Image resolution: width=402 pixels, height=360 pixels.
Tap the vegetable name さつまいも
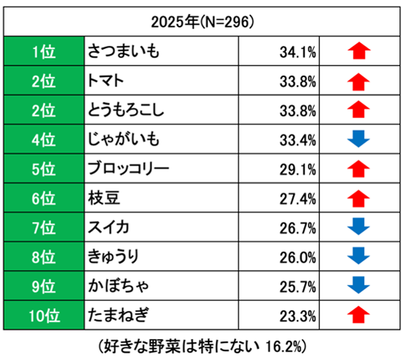click(124, 51)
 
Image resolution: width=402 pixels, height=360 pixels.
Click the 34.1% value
click(298, 52)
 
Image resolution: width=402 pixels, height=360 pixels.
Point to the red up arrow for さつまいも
click(359, 51)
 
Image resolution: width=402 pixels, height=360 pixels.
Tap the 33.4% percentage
click(298, 139)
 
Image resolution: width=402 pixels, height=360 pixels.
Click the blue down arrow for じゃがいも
click(359, 139)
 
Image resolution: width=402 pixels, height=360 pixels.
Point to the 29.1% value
click(298, 169)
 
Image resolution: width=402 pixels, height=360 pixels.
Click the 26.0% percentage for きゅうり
click(298, 257)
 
